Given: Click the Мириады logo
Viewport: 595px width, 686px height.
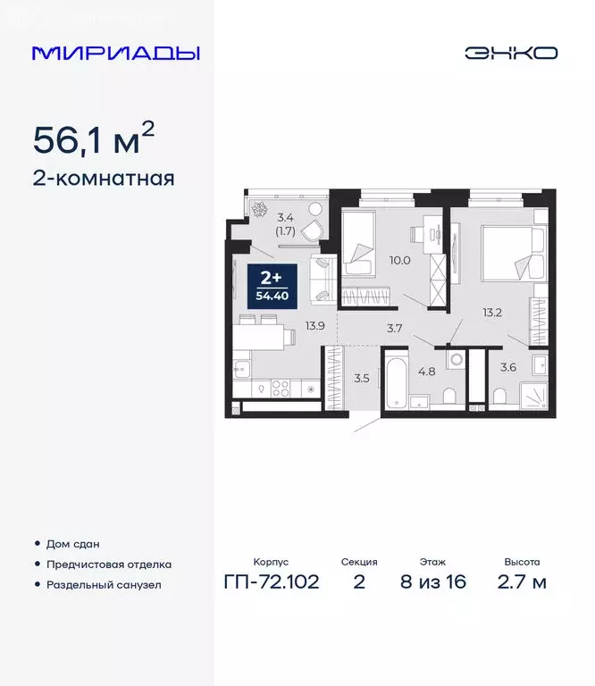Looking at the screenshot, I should (115, 53).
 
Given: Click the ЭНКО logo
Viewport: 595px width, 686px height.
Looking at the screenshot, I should (510, 53).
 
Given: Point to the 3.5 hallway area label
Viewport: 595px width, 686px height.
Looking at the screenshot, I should (362, 378).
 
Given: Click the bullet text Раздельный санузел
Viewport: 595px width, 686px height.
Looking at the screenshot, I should (105, 585).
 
